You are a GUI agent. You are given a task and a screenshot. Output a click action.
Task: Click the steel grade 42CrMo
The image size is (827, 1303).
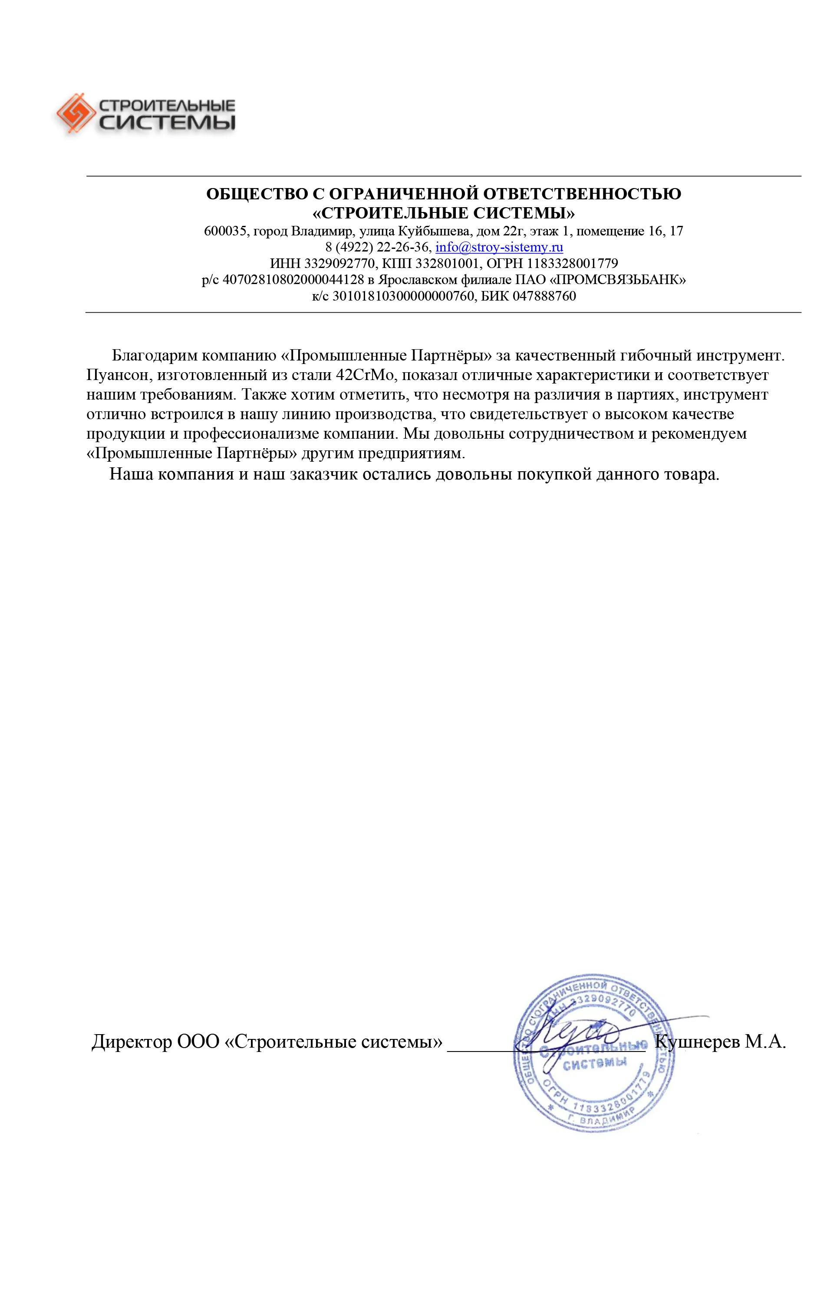point(366,375)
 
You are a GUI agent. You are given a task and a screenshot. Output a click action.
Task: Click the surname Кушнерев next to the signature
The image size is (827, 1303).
point(697,1041)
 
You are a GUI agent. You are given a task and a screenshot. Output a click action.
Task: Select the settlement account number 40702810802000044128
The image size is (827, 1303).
point(293,280)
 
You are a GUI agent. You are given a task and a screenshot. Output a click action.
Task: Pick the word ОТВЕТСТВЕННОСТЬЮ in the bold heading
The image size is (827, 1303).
point(581,194)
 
